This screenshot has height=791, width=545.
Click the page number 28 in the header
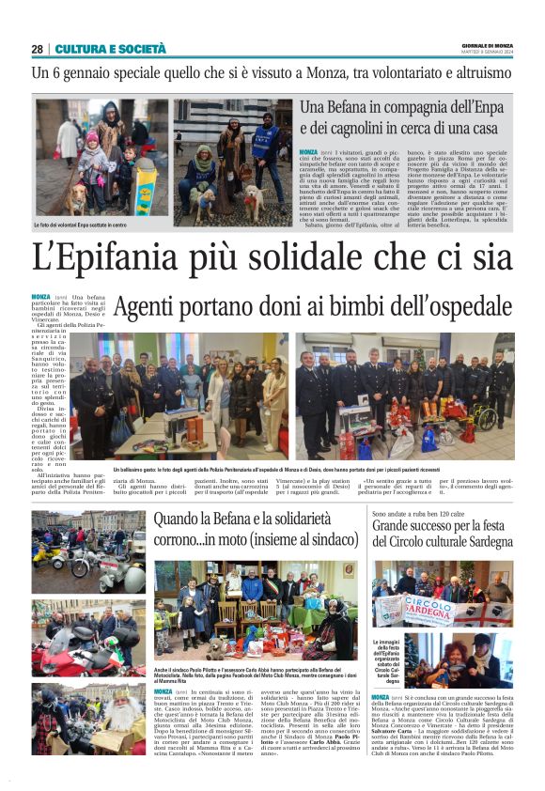[37, 49]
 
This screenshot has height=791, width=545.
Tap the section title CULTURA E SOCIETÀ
[110, 49]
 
